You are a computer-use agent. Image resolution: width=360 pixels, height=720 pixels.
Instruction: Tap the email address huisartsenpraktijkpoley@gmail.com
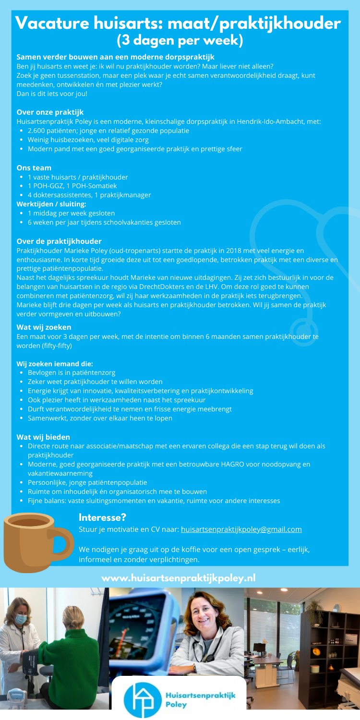[241, 529]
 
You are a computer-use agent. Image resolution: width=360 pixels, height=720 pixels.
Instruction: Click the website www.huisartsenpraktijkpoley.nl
[179, 578]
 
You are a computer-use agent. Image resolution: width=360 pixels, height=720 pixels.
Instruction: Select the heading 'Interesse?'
[102, 517]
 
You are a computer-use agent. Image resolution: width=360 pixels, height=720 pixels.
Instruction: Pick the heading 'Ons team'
[34, 168]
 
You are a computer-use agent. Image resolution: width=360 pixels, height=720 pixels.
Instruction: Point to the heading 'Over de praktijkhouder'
[59, 241]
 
